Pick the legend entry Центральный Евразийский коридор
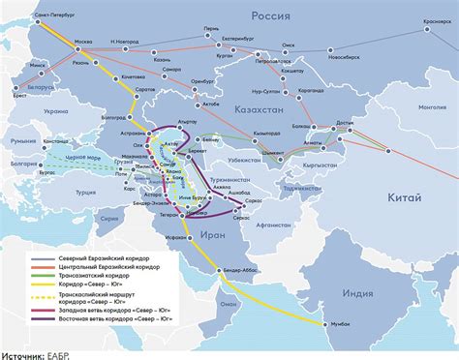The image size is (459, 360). point(96,266)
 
